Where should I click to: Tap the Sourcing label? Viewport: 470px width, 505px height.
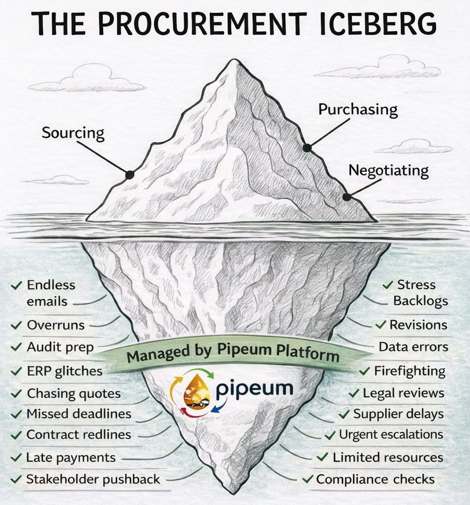[x=73, y=133]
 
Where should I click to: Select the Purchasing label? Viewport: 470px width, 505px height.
[x=358, y=110]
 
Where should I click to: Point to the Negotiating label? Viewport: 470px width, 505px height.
[x=388, y=170]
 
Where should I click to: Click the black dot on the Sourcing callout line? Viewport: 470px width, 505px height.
[x=130, y=175]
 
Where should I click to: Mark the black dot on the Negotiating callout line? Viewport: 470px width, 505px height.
[x=347, y=197]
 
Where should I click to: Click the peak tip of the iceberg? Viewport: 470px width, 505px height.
[x=235, y=60]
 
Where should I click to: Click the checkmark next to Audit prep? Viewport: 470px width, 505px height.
[x=17, y=347]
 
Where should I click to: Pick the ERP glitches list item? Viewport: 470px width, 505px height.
[x=64, y=371]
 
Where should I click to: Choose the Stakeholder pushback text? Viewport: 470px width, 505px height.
[x=93, y=479]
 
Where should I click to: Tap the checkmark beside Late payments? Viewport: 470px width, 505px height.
[x=17, y=457]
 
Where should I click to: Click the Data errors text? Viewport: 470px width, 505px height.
[x=413, y=347]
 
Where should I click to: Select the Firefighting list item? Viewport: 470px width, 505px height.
[x=409, y=370]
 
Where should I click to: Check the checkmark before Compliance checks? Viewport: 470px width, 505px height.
[x=308, y=480]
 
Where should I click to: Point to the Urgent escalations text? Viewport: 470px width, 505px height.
[x=391, y=434]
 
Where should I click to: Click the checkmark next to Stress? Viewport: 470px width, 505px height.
[x=388, y=285]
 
